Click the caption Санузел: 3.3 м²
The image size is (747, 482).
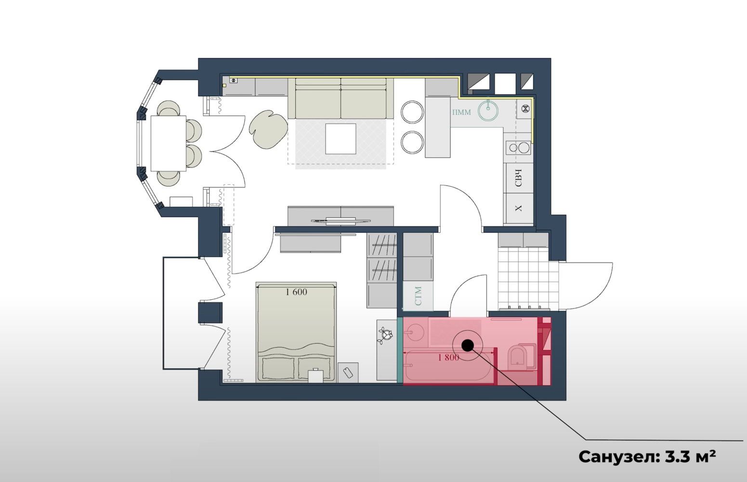point(647,456)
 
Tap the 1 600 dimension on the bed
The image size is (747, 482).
point(297,292)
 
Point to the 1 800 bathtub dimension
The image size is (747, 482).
point(448,358)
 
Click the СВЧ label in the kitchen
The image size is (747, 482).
point(518,178)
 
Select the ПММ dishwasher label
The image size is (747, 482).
point(461,112)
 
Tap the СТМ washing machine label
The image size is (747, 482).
point(418,296)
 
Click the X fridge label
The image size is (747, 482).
point(518,208)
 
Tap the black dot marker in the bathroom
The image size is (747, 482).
point(468,346)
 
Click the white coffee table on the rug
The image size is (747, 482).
point(341,139)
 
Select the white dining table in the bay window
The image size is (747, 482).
point(169,143)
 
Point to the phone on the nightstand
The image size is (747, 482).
point(348,373)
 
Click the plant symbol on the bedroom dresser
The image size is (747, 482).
point(385,335)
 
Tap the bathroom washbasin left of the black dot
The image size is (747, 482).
point(414,333)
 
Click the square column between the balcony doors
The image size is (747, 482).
point(210,313)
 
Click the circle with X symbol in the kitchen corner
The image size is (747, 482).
point(525,108)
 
